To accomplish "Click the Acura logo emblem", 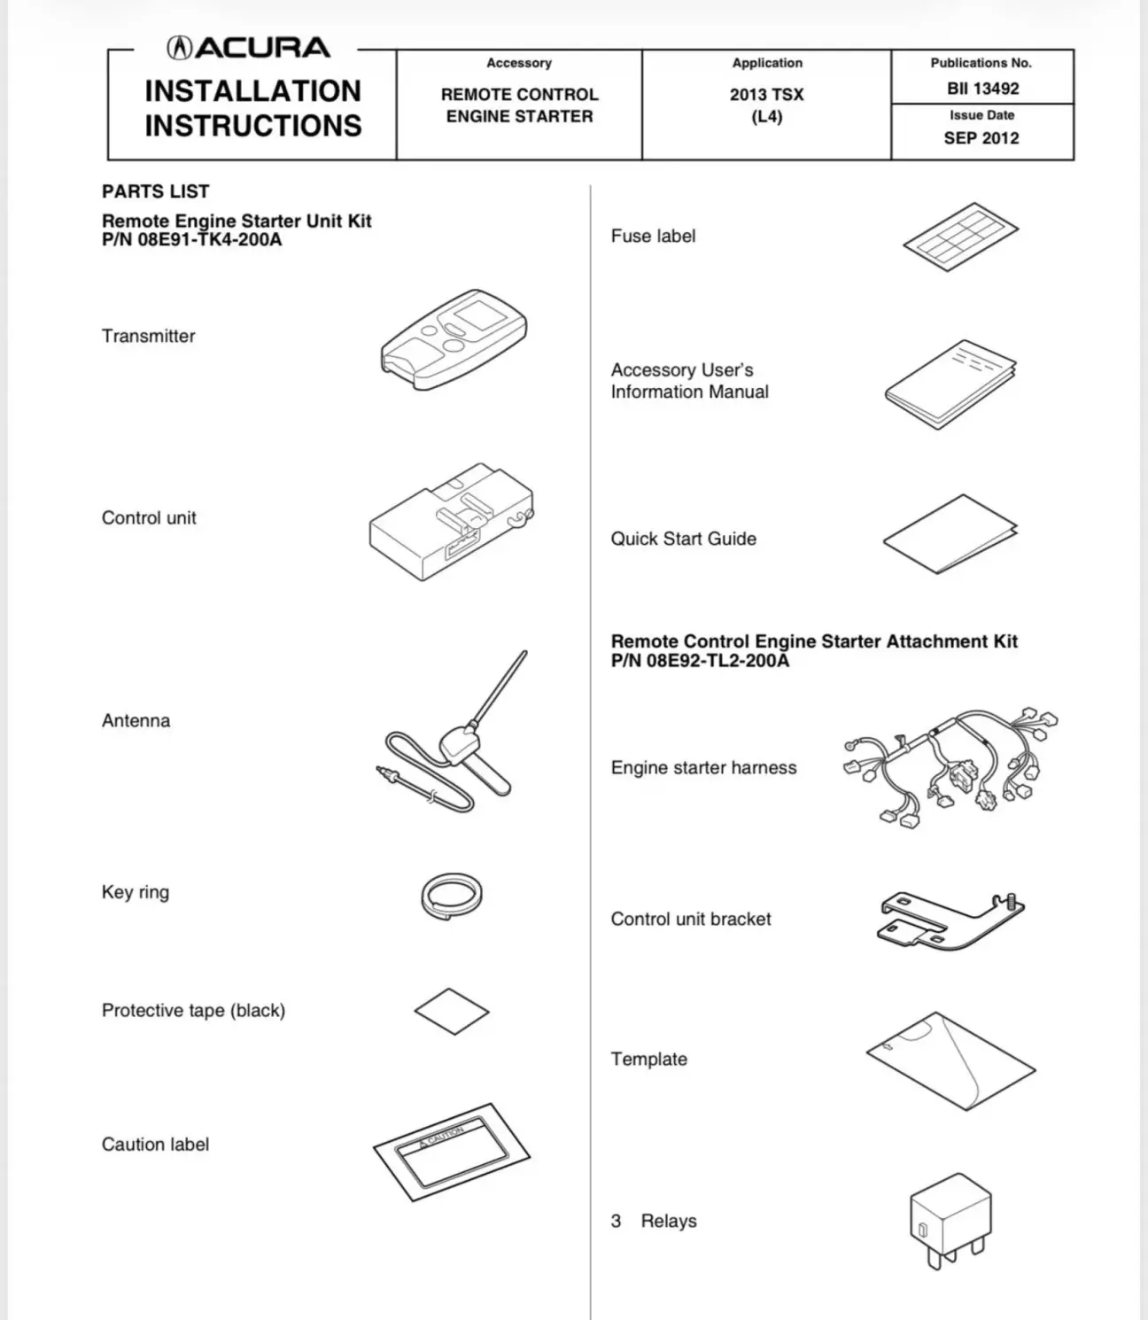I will [x=181, y=48].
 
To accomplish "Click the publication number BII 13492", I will [x=981, y=89].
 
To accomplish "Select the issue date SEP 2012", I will [x=981, y=138].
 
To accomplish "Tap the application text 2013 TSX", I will [x=766, y=95].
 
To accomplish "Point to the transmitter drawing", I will [x=454, y=338].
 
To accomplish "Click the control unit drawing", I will [x=451, y=523].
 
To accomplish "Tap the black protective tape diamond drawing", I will [x=452, y=1011].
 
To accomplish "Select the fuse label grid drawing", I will [x=960, y=236].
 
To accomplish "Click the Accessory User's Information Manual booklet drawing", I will [x=950, y=384].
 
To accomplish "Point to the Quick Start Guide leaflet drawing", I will [x=950, y=534].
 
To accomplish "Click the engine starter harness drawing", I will [x=951, y=767].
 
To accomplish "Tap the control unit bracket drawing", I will [x=951, y=920].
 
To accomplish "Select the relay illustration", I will [x=950, y=1218].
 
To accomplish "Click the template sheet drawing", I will [x=951, y=1060].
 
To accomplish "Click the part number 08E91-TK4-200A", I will [x=209, y=240].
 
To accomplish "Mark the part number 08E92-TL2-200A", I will [x=717, y=661].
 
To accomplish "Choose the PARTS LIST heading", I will [x=156, y=191].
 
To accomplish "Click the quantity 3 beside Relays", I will [x=616, y=1221].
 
